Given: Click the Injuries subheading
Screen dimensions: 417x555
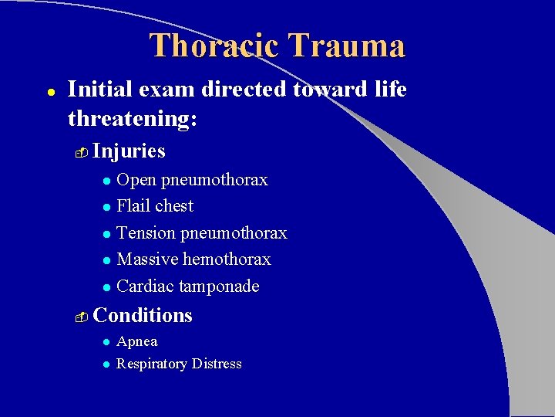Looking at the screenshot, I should (129, 151).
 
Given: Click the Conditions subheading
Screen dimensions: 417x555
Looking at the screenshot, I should (143, 315).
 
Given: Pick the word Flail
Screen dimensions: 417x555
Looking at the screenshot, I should (132, 206).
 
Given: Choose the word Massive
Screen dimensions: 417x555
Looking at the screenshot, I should (147, 259).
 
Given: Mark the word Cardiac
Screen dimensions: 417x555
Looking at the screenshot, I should (145, 286).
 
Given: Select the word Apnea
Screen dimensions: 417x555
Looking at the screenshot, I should (137, 341).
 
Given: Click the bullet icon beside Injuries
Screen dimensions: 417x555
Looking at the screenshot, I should (82, 152).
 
